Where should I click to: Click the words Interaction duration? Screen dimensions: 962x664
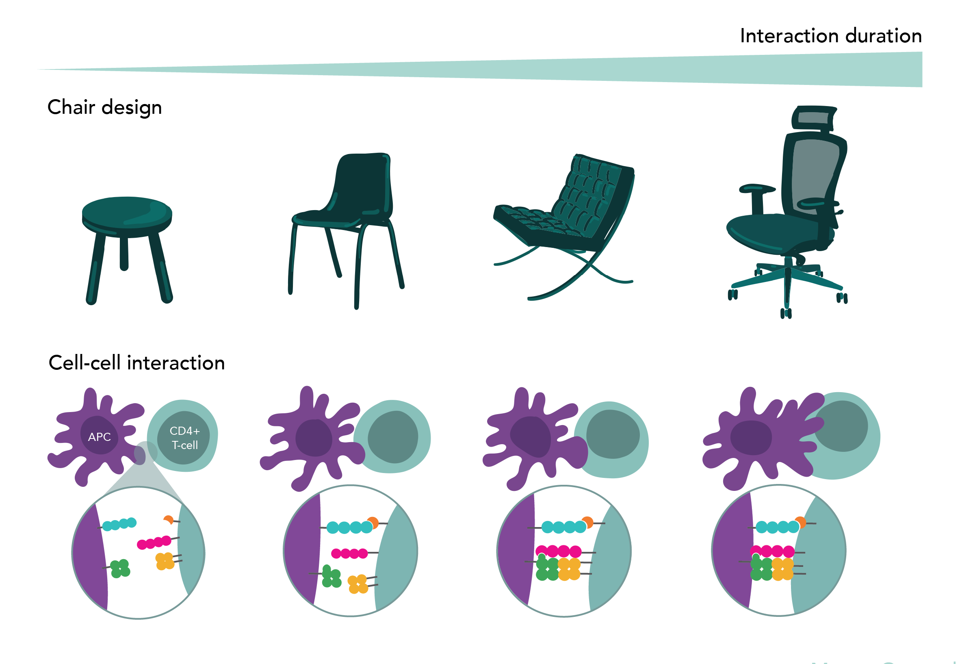click(830, 36)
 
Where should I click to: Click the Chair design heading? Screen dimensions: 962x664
click(104, 107)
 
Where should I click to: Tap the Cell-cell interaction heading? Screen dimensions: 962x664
click(136, 363)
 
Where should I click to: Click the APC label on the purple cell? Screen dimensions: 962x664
click(100, 437)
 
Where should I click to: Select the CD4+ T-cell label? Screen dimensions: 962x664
click(185, 438)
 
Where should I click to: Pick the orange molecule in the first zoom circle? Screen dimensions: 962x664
click(169, 520)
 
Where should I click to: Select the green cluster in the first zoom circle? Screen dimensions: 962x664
click(120, 569)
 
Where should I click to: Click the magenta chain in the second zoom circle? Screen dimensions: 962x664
click(349, 553)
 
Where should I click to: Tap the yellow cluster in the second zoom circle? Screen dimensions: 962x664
click(357, 584)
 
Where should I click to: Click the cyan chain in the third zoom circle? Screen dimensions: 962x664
click(563, 527)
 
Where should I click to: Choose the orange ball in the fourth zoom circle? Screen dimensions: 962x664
click(801, 522)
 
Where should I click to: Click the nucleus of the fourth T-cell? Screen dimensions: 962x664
click(841, 426)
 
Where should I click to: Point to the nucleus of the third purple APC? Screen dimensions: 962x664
click(531, 436)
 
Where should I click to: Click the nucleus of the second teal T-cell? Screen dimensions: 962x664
click(392, 437)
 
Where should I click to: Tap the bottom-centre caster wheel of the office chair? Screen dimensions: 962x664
click(786, 313)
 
